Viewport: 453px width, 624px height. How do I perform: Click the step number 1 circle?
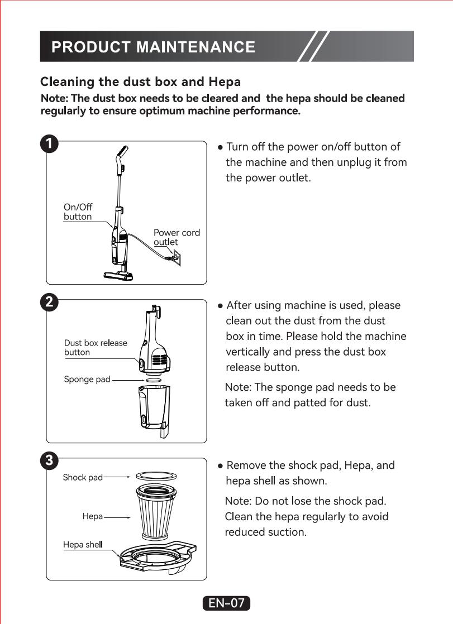[x=50, y=143]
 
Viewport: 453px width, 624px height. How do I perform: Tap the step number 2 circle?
[x=50, y=303]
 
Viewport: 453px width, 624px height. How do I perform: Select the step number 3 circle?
[x=50, y=461]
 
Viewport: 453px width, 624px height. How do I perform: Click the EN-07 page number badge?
[x=226, y=603]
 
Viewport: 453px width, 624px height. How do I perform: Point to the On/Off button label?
[x=78, y=212]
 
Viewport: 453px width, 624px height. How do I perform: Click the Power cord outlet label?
[x=177, y=237]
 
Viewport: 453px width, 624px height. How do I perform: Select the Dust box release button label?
[x=96, y=348]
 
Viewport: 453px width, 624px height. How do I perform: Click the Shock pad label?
[x=83, y=478]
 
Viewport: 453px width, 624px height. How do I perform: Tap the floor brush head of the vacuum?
[x=119, y=274]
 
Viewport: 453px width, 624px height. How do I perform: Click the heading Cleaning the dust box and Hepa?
[x=140, y=82]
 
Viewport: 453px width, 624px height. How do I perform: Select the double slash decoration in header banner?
[x=313, y=46]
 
